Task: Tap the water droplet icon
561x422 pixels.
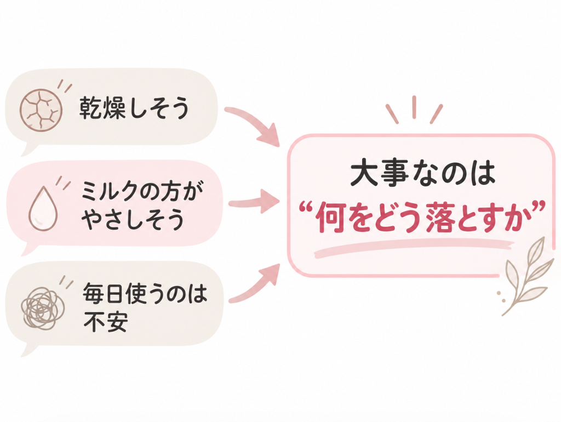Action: (43, 208)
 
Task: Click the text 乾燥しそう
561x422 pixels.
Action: (134, 107)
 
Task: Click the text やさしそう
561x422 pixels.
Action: (132, 219)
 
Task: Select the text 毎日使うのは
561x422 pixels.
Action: (145, 294)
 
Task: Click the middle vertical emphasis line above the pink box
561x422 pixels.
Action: (414, 107)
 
